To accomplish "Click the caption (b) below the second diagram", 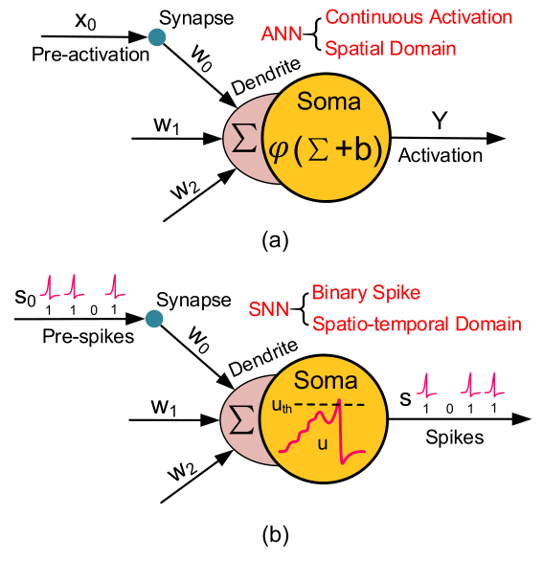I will (x=272, y=531).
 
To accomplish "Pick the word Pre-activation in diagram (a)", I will (x=90, y=55).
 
